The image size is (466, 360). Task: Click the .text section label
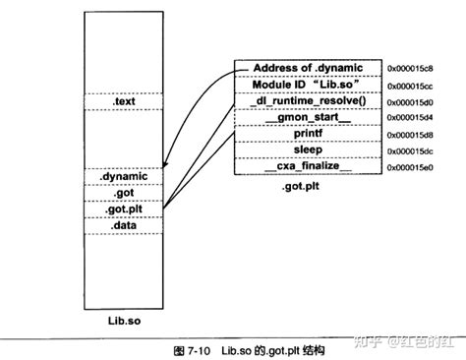123,101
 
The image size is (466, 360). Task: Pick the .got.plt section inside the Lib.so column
123,209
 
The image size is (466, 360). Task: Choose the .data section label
123,225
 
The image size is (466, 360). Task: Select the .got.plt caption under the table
300,186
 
